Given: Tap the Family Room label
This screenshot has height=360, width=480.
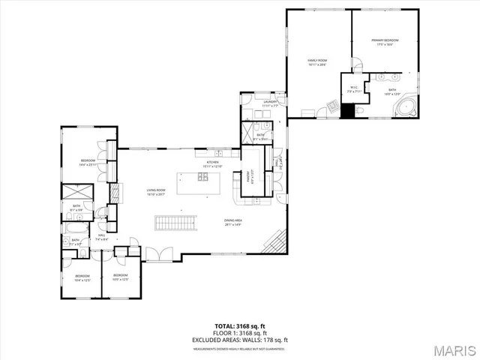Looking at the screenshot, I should [318, 62].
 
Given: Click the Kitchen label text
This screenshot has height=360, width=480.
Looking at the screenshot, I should [212, 164].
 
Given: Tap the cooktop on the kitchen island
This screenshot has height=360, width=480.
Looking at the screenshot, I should [203, 178].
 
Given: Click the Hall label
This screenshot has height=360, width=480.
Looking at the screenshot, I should [101, 237].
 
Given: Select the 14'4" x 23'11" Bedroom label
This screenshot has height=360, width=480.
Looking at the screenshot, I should [88, 163].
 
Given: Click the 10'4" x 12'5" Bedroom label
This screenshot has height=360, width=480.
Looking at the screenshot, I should [82, 277].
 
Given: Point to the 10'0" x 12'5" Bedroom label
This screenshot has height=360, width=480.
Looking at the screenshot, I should [120, 277].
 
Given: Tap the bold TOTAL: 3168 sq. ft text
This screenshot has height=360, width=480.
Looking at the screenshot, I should [239, 325].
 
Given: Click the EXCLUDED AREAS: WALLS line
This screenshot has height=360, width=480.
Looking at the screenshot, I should [239, 340].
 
